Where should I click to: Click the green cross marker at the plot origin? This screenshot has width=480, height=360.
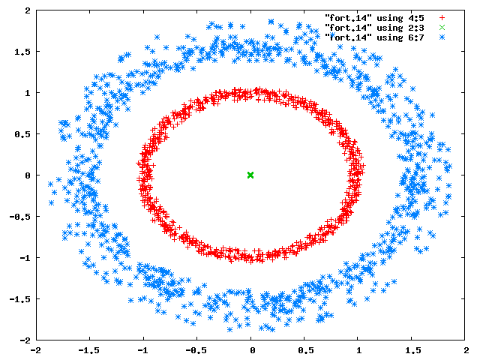click(x=250, y=175)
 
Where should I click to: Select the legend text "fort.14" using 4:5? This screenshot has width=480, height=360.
click(x=374, y=18)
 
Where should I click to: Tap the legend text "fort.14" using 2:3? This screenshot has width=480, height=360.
click(x=374, y=28)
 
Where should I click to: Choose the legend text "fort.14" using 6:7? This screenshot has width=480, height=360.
click(x=374, y=37)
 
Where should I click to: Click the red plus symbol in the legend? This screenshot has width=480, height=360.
click(x=442, y=18)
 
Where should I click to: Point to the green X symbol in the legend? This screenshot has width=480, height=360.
click(x=442, y=28)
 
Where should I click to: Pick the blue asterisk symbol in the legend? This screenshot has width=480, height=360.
click(x=442, y=37)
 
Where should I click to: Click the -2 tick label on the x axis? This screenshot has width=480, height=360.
click(x=37, y=350)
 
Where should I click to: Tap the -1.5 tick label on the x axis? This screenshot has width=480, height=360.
click(x=88, y=350)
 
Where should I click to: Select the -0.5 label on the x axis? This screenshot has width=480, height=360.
click(x=196, y=350)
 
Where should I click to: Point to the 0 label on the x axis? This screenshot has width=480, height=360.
click(x=252, y=350)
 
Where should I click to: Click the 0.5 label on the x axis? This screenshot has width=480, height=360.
click(x=306, y=350)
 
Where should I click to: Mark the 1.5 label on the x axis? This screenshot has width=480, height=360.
click(x=413, y=350)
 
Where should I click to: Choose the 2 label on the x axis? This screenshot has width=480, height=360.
click(x=466, y=350)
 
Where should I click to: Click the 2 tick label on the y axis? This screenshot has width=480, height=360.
click(x=28, y=10)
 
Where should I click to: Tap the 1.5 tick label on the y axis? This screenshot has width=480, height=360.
click(x=22, y=52)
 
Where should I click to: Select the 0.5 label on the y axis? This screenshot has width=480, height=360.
click(x=22, y=134)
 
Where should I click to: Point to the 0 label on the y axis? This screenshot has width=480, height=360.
click(x=28, y=175)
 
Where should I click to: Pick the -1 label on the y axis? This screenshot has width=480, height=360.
click(x=25, y=258)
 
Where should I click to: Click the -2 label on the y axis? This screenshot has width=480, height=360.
click(x=25, y=340)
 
